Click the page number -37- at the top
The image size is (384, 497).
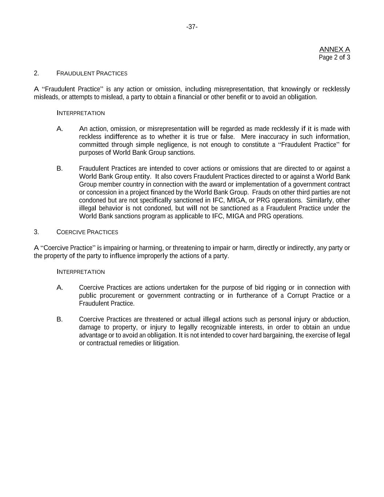192,27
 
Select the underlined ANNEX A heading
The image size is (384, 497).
334,49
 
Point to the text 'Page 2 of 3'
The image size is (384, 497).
334,58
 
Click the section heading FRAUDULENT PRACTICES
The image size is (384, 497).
92,73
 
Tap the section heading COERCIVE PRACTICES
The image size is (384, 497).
87,232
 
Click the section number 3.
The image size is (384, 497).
36,232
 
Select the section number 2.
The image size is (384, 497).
36,73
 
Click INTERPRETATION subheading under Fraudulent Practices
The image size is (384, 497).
80,113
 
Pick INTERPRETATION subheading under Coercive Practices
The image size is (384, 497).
80,272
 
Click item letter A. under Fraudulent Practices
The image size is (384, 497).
60,129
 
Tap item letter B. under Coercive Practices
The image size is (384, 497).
60,319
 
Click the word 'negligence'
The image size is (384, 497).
173,145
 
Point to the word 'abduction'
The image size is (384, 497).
336,319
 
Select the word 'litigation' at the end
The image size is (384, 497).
166,343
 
